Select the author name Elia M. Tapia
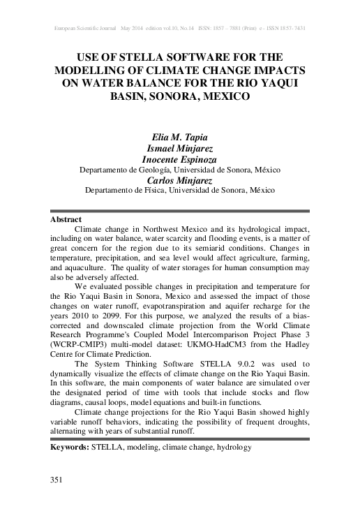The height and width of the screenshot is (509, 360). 180,136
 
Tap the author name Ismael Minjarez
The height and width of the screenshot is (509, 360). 180,148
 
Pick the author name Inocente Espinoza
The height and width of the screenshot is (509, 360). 180,159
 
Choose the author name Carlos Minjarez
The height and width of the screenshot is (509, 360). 180,179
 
